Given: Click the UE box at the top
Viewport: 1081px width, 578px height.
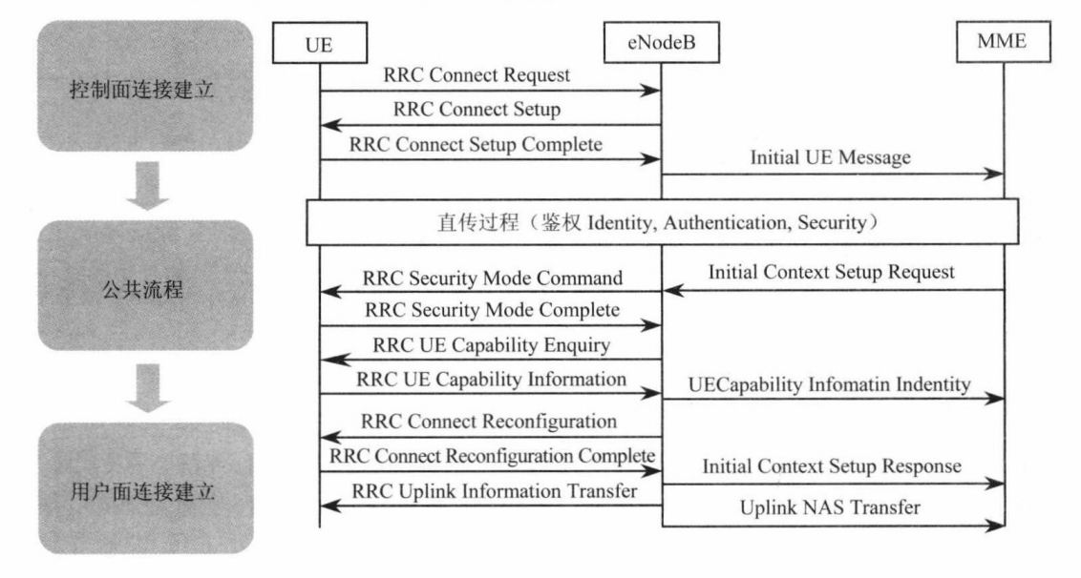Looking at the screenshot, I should (x=320, y=45).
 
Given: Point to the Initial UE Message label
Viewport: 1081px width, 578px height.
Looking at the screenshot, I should (x=831, y=159).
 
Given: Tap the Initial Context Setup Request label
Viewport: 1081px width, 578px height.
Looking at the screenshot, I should (x=831, y=272).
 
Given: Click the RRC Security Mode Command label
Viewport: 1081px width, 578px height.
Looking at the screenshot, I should (x=493, y=279).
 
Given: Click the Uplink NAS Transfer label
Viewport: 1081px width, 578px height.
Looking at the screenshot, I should (x=831, y=508).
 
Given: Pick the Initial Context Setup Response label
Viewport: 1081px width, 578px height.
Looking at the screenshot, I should (x=831, y=467).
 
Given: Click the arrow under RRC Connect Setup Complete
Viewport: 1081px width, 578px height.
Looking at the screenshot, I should (x=491, y=160).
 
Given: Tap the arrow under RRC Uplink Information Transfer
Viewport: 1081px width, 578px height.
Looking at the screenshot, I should (x=491, y=506).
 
